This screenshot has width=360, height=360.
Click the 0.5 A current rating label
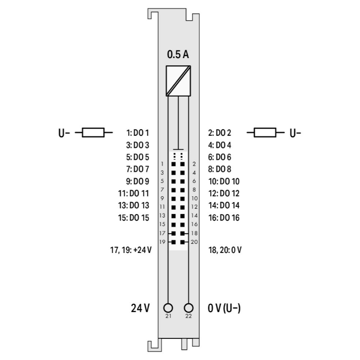[178, 54]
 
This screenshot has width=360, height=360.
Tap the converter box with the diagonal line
[179, 81]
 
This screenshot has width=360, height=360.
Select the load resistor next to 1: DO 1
[93, 132]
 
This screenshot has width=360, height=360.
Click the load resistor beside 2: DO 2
[265, 132]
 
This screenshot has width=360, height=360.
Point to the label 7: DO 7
[138, 169]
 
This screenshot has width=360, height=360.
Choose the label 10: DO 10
[224, 181]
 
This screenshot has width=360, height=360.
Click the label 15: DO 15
[133, 217]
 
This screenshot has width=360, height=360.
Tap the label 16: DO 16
[224, 217]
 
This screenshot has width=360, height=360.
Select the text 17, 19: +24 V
[131, 250]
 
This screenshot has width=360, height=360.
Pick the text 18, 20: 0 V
[225, 250]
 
